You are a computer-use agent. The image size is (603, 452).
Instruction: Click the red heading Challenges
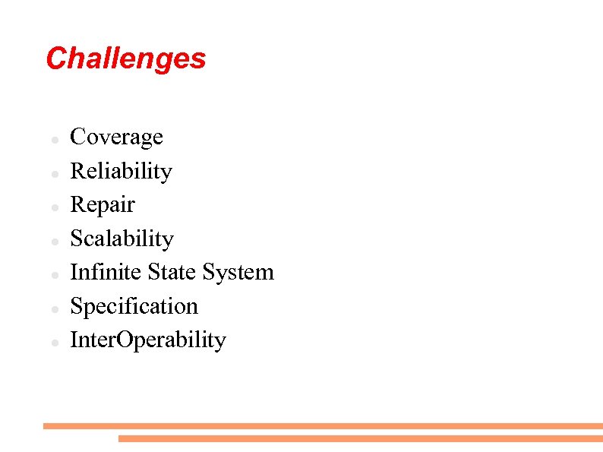pos(125,58)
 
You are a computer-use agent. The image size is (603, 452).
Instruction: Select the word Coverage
pos(116,137)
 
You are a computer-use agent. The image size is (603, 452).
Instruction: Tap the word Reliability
pos(121,171)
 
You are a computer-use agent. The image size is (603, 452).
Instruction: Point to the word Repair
pos(103,205)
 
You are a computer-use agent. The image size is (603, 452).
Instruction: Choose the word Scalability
pos(122,239)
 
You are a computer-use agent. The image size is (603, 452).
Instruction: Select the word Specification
pos(134,306)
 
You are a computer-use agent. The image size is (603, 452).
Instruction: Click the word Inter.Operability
pos(148,340)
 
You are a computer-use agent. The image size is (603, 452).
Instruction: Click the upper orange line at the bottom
pos(323,426)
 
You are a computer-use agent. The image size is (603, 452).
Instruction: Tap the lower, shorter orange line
pos(360,438)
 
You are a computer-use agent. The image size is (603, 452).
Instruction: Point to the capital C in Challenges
pos(55,58)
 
